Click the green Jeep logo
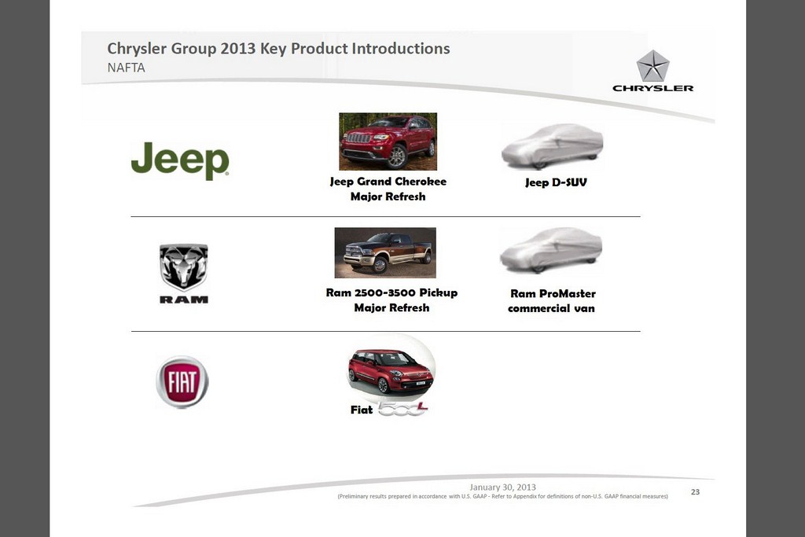[x=180, y=160]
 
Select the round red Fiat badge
[x=182, y=382]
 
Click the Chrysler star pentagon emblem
[x=652, y=66]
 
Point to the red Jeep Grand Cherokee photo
[x=388, y=142]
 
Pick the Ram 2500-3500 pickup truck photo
[x=385, y=252]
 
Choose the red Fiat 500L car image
[x=391, y=371]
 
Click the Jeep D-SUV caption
[x=556, y=182]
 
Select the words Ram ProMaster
[x=553, y=293]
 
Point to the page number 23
[x=695, y=492]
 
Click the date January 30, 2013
[x=502, y=487]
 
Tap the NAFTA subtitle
[x=127, y=68]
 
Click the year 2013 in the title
[x=237, y=48]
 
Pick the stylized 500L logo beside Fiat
[x=403, y=409]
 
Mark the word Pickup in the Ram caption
[x=438, y=292]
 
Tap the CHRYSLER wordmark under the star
[x=653, y=88]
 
